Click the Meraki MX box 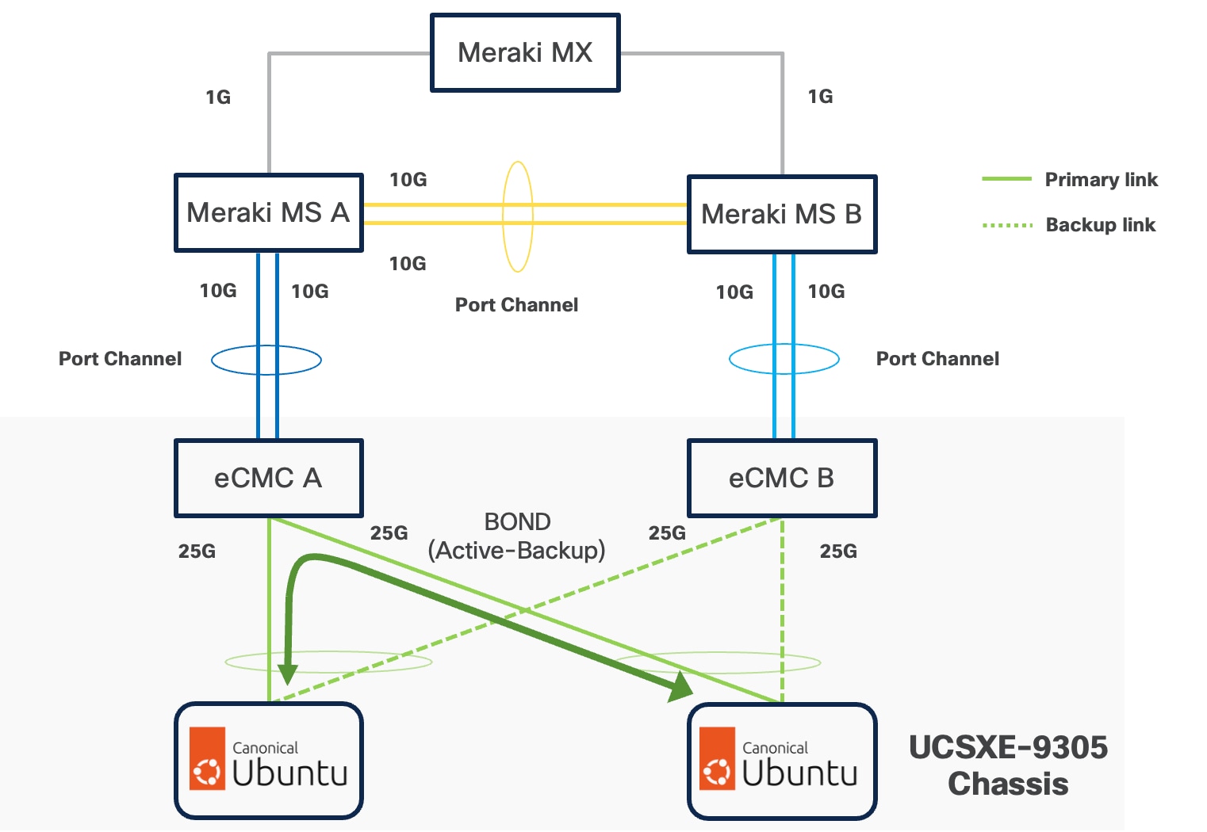point(525,53)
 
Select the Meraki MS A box point(268,213)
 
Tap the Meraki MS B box point(781,215)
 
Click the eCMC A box point(268,479)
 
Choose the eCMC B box point(781,479)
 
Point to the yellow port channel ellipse point(518,216)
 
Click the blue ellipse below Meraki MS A point(266,360)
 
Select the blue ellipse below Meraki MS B point(784,359)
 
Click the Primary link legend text point(1101,180)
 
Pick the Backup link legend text point(1100,225)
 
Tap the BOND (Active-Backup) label point(517,536)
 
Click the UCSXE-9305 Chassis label point(1008,765)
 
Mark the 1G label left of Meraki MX point(218,97)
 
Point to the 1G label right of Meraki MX point(820,97)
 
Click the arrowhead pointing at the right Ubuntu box point(680,686)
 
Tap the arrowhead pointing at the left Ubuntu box point(287,674)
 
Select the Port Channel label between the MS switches point(516,305)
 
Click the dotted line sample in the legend point(1007,226)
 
